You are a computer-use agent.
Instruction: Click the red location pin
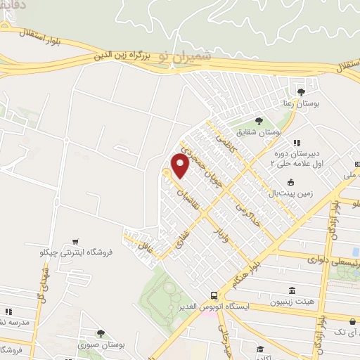point(179,165)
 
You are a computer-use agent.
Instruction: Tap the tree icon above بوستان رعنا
point(301,91)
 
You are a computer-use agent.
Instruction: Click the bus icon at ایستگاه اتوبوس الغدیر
point(214,295)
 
